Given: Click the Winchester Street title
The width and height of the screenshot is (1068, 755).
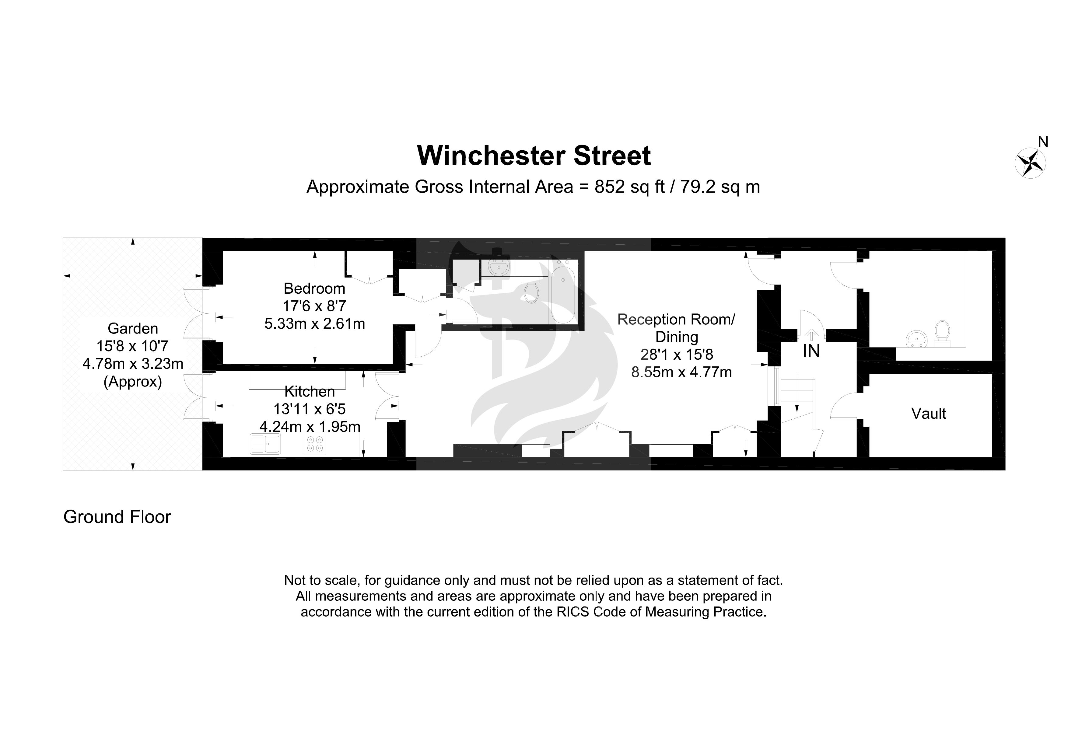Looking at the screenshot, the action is pyautogui.click(x=534, y=156).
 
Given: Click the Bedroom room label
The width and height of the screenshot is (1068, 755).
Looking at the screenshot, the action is pyautogui.click(x=314, y=288).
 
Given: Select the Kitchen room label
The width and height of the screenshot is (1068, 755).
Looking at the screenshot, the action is pyautogui.click(x=309, y=392).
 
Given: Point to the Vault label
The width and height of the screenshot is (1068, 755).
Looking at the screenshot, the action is pyautogui.click(x=929, y=414).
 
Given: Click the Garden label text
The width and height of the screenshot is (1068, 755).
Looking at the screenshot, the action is pyautogui.click(x=133, y=328).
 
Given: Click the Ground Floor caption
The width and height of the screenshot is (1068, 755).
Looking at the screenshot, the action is pyautogui.click(x=117, y=517).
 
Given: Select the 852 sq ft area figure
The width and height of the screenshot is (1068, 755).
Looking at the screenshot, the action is pyautogui.click(x=629, y=187).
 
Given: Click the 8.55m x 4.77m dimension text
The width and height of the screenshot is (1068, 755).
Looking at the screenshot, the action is pyautogui.click(x=681, y=372).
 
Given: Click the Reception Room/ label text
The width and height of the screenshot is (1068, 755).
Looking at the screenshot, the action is pyautogui.click(x=676, y=320).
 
